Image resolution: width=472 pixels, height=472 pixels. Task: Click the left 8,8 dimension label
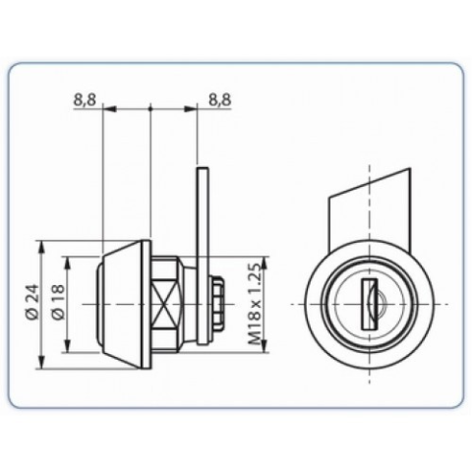[x=85, y=99]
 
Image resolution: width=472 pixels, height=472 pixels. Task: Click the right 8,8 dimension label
[x=220, y=99]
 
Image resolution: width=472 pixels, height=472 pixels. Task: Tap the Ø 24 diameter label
[x=33, y=302]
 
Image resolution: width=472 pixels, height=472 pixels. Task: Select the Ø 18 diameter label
[x=58, y=302]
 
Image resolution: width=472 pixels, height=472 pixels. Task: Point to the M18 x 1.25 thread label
[x=255, y=303]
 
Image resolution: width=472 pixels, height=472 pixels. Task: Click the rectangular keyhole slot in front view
[x=369, y=304]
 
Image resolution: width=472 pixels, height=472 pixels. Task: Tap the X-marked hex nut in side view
[x=166, y=305]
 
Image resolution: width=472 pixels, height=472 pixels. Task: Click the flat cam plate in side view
[x=203, y=256]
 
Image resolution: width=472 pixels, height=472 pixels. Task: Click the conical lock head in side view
[x=120, y=305]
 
